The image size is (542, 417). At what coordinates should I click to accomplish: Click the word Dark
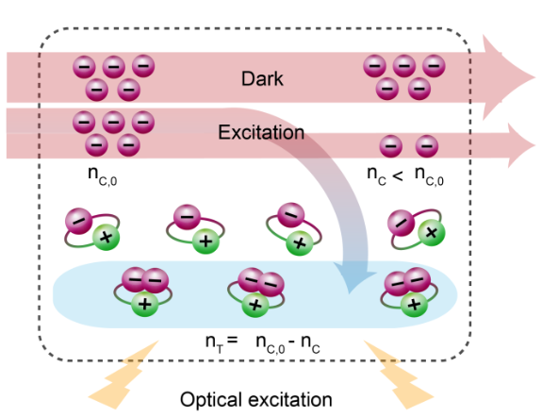point(262,79)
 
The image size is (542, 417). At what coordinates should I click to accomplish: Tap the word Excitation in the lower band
point(261,132)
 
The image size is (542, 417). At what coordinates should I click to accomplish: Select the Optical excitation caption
point(256,400)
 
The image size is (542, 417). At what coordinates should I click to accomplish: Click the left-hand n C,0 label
point(103,175)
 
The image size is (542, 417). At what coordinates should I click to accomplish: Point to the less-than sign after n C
point(398,175)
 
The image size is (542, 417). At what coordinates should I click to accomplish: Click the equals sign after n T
point(233,340)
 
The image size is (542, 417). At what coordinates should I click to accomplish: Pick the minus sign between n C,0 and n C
point(292,343)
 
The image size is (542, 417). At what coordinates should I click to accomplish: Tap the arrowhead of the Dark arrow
point(508,77)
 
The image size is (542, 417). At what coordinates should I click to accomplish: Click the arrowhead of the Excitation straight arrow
point(521,145)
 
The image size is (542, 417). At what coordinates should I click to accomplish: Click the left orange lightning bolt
point(123,375)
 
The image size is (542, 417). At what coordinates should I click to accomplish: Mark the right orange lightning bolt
point(399,375)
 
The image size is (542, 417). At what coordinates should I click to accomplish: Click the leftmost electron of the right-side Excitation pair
point(390,146)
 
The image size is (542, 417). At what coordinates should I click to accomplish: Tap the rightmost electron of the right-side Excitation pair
point(427,146)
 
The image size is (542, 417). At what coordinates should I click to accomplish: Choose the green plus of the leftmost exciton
point(107,237)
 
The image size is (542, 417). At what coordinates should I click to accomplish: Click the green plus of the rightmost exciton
point(431,232)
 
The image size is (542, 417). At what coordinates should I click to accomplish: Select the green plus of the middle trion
point(255,305)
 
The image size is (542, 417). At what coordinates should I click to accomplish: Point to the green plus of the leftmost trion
point(145,304)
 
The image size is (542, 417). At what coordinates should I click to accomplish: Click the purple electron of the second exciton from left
point(187,217)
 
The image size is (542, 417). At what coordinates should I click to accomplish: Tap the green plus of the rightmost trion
point(414,304)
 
